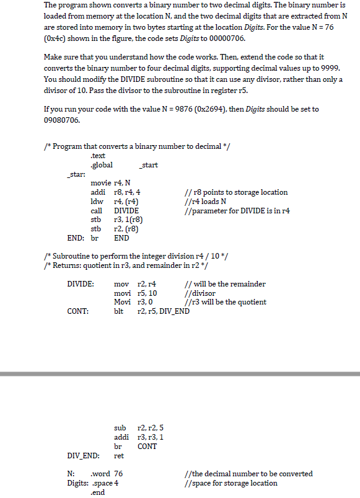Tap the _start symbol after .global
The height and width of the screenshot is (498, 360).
coord(149,165)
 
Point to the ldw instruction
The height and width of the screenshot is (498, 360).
coord(97,202)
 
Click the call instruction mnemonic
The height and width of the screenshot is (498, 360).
coord(97,211)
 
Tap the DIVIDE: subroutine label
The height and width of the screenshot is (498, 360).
coord(81,284)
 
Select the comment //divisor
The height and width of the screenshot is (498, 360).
coord(200,293)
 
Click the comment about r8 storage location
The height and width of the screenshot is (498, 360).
coord(236,192)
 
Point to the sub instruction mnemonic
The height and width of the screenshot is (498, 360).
coord(120,428)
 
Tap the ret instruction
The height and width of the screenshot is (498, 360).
coord(120,455)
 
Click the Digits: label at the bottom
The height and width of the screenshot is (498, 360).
coord(77,483)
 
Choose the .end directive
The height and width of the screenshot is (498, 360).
coord(98,492)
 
